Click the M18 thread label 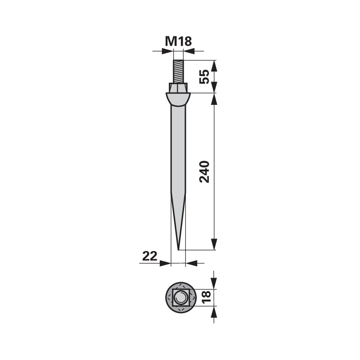[178, 41]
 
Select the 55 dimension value [204, 76]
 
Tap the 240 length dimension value [204, 172]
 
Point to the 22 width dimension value [150, 256]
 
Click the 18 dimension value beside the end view [206, 297]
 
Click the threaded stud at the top [178, 72]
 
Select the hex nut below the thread [178, 88]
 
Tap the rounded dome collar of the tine [178, 99]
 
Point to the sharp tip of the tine [178, 250]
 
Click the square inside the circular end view [181, 297]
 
